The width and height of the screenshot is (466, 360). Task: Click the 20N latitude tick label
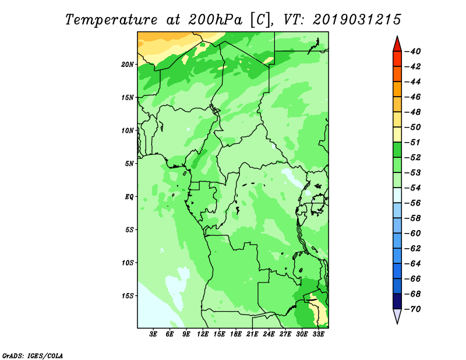tap(127, 65)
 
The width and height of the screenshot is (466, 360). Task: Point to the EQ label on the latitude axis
tap(129, 197)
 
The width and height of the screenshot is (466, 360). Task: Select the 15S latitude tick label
tap(127, 296)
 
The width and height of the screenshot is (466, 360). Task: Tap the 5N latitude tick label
tap(129, 164)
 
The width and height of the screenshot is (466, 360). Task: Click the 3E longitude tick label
tap(153, 334)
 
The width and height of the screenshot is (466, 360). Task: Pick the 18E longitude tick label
tap(236, 334)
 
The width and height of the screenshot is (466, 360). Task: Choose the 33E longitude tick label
tap(318, 334)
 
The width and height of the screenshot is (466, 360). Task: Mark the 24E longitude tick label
tap(269, 334)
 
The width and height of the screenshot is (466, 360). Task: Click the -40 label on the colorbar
tap(413, 51)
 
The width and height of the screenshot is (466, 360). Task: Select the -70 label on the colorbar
tap(413, 309)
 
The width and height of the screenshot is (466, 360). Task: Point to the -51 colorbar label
tap(413, 142)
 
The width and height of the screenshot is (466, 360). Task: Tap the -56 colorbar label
tap(413, 203)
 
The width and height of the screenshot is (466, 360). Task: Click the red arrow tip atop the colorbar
tap(397, 37)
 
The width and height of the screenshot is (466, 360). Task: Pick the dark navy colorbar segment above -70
tap(397, 301)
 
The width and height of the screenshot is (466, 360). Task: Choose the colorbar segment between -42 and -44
tap(397, 74)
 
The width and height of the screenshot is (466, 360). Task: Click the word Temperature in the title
tap(111, 20)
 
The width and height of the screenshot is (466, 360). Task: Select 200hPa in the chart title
tap(215, 20)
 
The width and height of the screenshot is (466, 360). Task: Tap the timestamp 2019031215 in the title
tap(356, 20)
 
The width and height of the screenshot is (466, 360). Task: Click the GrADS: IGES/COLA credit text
tap(33, 356)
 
